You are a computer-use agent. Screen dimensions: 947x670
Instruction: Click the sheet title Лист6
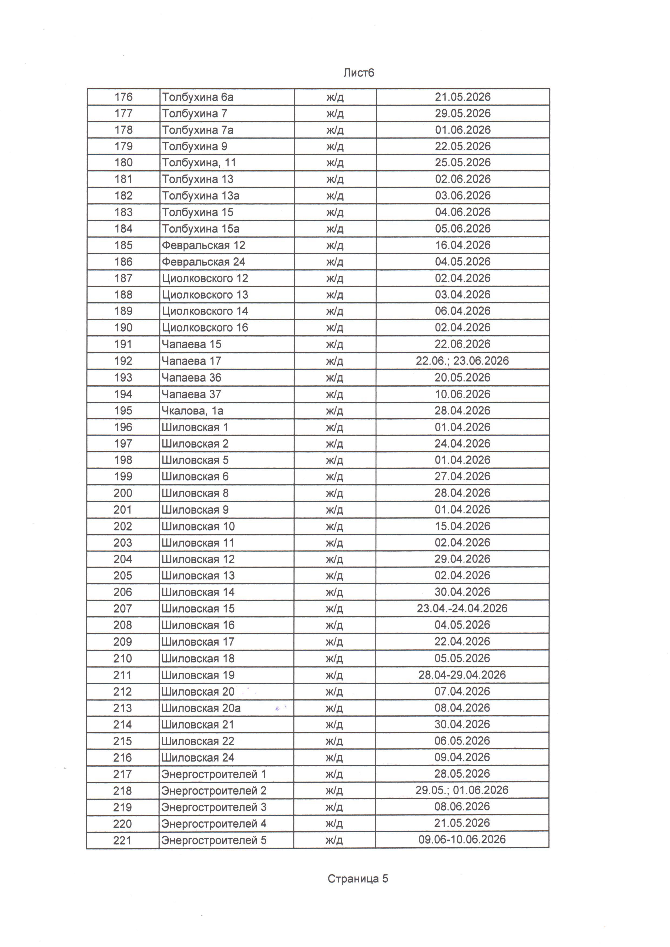[x=359, y=73]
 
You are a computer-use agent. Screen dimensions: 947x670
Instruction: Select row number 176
[x=123, y=97]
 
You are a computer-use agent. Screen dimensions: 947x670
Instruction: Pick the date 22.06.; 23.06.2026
[x=462, y=361]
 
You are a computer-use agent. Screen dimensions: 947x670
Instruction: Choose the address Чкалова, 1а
[x=192, y=411]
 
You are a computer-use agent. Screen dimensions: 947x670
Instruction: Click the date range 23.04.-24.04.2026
[x=462, y=608]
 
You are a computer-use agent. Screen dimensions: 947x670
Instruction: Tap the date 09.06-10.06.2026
[x=462, y=839]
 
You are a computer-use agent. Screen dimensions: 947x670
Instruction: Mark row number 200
[x=123, y=493]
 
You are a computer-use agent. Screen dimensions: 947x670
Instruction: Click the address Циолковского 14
[x=205, y=311]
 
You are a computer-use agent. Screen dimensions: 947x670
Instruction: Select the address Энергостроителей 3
[x=214, y=807]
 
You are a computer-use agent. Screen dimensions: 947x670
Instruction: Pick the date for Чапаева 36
[x=462, y=378]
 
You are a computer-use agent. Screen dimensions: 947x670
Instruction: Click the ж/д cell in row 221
[x=334, y=840]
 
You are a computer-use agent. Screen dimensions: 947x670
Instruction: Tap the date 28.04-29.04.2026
[x=462, y=675]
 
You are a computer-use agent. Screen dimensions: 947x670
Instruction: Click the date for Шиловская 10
[x=462, y=526]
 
